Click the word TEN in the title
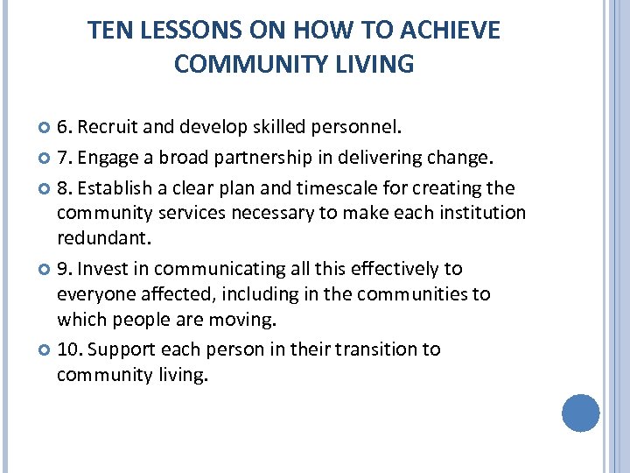(x=107, y=32)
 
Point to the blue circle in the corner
(x=580, y=413)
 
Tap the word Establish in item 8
(x=117, y=188)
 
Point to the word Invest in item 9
(x=107, y=269)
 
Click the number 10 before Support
(x=67, y=349)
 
